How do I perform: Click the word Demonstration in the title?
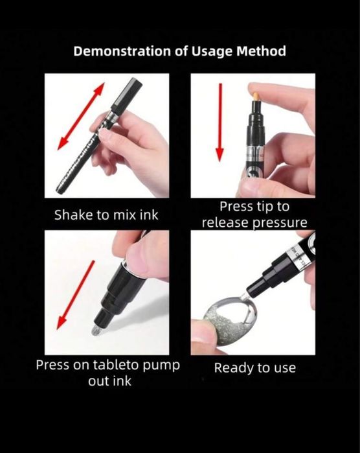(122, 51)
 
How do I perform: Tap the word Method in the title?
(262, 51)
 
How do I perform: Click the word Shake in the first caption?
(72, 215)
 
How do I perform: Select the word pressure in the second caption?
(280, 223)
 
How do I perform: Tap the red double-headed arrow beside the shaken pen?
(81, 116)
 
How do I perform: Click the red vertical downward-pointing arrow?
(220, 122)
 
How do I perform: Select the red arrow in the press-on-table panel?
(76, 295)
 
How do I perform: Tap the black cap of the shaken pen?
(127, 93)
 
